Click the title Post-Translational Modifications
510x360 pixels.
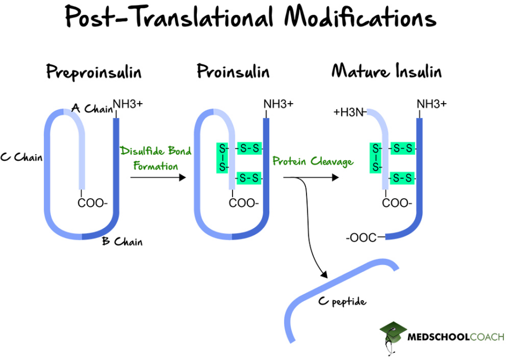pos(251,18)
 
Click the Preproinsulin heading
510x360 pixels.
pos(94,72)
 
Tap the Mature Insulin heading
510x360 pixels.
pos(387,72)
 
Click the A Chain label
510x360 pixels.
pos(92,109)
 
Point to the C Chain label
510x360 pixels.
pos(21,157)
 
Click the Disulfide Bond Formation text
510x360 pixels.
pos(156,157)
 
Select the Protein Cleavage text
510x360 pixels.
pos(313,162)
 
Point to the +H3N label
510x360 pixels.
pos(349,113)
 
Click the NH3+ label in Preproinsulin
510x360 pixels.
pos(127,103)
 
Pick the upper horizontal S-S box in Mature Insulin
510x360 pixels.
pos(403,148)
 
